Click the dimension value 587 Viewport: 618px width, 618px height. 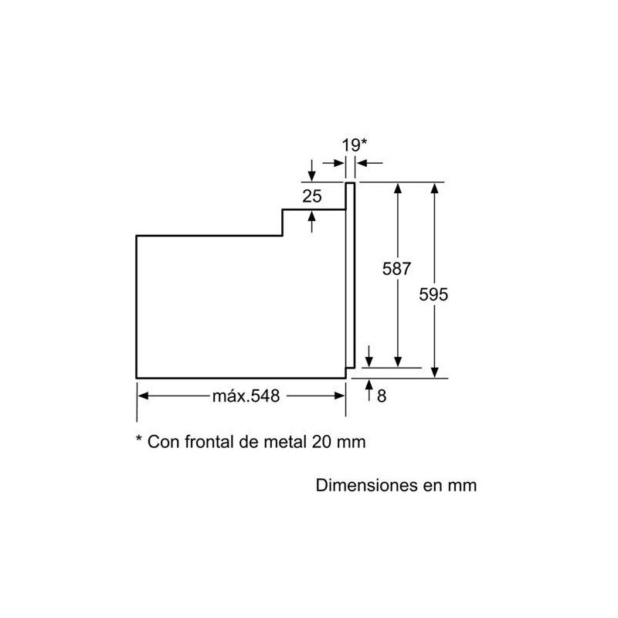[x=396, y=269]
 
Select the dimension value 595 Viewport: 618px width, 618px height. [x=433, y=294]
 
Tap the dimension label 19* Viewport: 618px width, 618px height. [x=355, y=145]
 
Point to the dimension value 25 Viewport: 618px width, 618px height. [x=312, y=196]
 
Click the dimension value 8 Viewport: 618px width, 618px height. [x=382, y=396]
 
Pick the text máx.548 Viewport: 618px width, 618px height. [x=246, y=396]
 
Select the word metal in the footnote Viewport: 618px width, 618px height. [x=285, y=442]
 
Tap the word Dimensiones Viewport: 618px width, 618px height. [x=366, y=485]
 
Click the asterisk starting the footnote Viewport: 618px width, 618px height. [x=139, y=438]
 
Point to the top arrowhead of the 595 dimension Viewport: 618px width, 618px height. [x=434, y=188]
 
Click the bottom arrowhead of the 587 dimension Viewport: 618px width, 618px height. [x=398, y=362]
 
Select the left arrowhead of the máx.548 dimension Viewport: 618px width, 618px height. [x=143, y=396]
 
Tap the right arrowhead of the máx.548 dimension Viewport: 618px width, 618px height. [x=340, y=396]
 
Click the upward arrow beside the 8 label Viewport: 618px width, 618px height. [x=369, y=390]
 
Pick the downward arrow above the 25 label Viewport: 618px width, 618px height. [x=312, y=171]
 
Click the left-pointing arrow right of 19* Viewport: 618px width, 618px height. [x=369, y=163]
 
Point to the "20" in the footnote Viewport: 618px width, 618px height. [x=321, y=442]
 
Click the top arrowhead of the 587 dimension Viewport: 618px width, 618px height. [x=398, y=188]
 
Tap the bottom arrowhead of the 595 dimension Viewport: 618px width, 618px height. [x=434, y=372]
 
